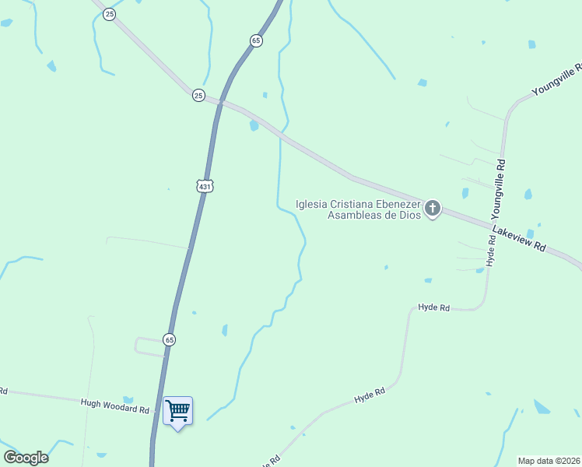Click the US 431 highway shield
(x=205, y=186)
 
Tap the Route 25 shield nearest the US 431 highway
(x=198, y=95)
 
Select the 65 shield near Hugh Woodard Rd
(x=170, y=339)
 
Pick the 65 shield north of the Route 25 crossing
(x=256, y=40)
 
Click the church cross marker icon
(x=432, y=209)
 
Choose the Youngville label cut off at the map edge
(x=556, y=81)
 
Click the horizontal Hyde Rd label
(x=434, y=308)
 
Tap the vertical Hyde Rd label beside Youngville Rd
(x=491, y=251)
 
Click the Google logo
(x=26, y=458)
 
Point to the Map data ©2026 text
(x=549, y=460)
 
